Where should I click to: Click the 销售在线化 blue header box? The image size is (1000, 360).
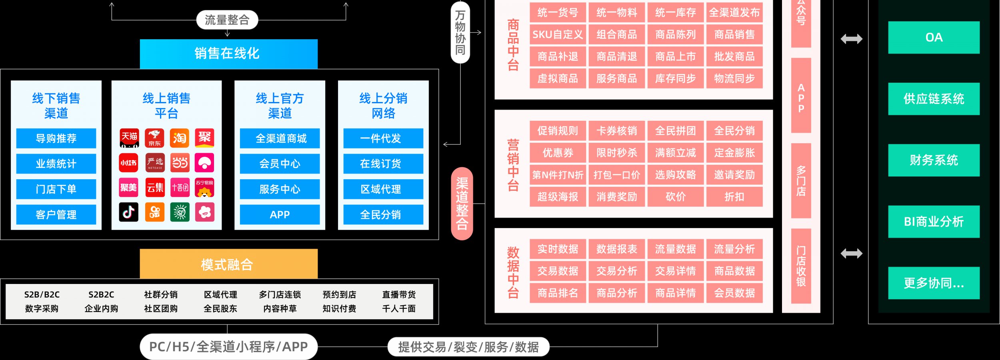pyautogui.click(x=228, y=54)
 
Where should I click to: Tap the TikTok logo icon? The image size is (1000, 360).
pyautogui.click(x=128, y=212)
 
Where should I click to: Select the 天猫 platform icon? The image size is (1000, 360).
pyautogui.click(x=129, y=138)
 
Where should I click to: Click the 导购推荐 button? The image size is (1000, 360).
pyautogui.click(x=56, y=138)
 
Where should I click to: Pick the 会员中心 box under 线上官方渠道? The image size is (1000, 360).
pyautogui.click(x=280, y=164)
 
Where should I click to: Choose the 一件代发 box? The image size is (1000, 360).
pyautogui.click(x=383, y=138)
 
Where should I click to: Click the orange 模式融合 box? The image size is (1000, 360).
pyautogui.click(x=228, y=264)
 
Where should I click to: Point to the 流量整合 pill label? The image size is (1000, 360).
pyautogui.click(x=227, y=20)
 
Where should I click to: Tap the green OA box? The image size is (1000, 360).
pyautogui.click(x=934, y=38)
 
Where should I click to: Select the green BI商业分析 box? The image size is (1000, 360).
pyautogui.click(x=934, y=222)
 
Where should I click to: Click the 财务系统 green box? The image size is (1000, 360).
pyautogui.click(x=934, y=160)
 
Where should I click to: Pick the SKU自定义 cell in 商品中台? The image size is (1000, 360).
pyautogui.click(x=558, y=35)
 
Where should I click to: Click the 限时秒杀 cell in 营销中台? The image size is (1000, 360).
pyautogui.click(x=616, y=153)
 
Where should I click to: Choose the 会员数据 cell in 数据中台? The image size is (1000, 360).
pyautogui.click(x=734, y=293)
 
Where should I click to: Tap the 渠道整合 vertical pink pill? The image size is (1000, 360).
pyautogui.click(x=462, y=204)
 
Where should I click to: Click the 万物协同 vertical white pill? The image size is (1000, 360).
pyautogui.click(x=460, y=32)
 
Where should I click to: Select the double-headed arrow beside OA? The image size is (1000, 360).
pyautogui.click(x=851, y=39)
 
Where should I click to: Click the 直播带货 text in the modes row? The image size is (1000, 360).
pyautogui.click(x=398, y=295)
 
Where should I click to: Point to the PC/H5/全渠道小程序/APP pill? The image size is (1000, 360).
pyautogui.click(x=228, y=346)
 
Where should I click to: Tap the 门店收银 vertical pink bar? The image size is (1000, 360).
pyautogui.click(x=801, y=266)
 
